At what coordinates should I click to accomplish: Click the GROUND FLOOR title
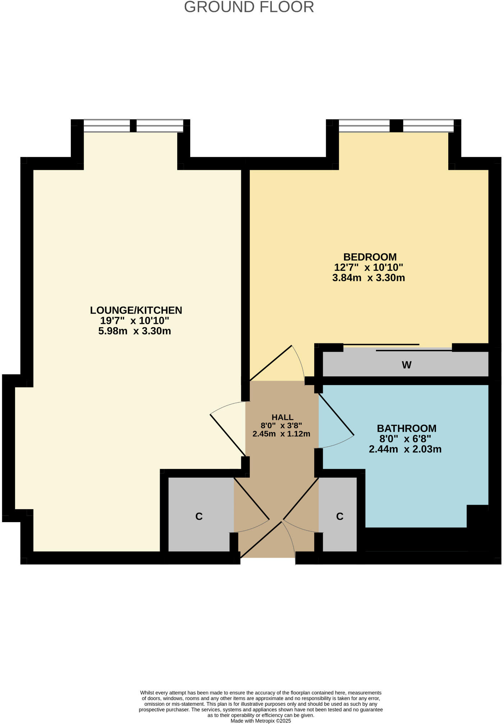pos(249,7)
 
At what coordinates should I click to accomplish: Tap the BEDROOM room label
pos(370,257)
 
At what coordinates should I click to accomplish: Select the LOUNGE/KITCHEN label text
pos(136,310)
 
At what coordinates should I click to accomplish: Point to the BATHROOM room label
pos(407,428)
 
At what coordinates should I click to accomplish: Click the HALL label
pos(283,417)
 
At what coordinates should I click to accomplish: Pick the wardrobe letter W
pos(407,365)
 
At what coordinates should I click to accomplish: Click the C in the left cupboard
pos(199,516)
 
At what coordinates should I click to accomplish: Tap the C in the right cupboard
pos(340,516)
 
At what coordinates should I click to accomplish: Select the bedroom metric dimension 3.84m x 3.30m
pos(368,278)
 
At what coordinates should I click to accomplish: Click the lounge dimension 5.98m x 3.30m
pos(134,331)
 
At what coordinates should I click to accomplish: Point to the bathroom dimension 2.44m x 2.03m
pos(405,449)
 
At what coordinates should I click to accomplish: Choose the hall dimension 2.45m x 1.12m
pos(281,434)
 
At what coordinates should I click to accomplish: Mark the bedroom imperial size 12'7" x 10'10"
pos(368,268)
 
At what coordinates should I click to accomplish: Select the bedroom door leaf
pos(270,363)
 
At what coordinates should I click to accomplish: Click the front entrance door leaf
pos(261,540)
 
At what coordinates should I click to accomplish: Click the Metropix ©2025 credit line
pos(261,721)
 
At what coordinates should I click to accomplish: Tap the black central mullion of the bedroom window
pos(396,126)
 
